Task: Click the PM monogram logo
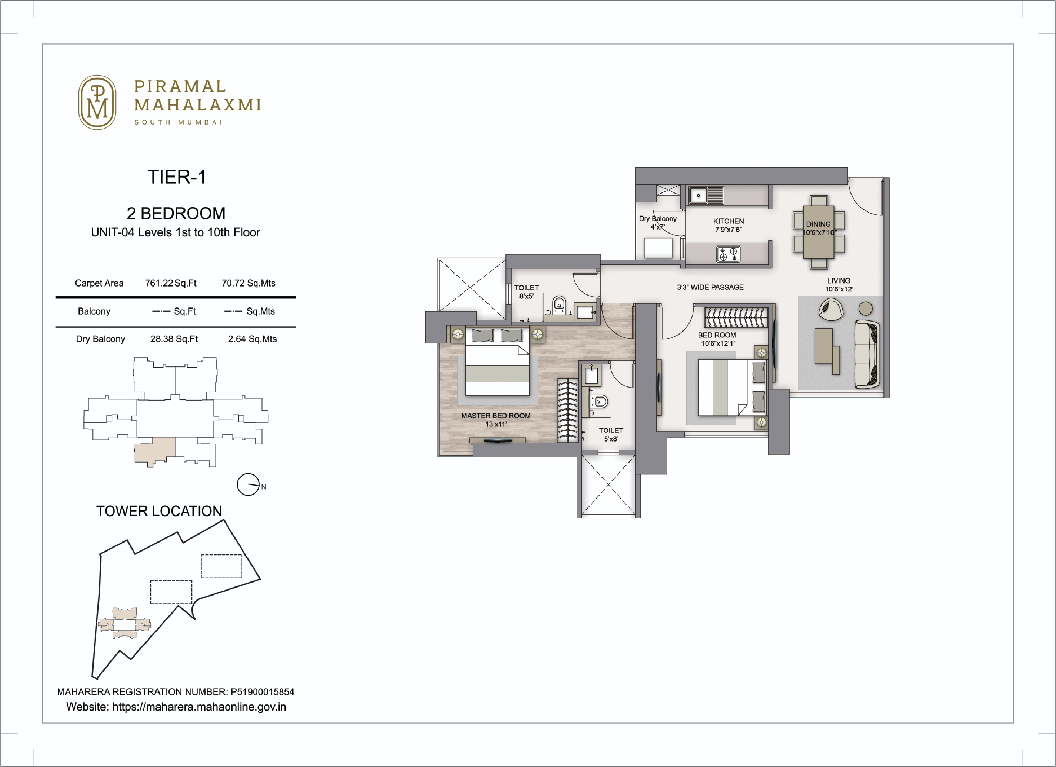pyautogui.click(x=97, y=102)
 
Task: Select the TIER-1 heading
pyautogui.click(x=177, y=177)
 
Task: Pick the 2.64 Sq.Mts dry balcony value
pyautogui.click(x=252, y=339)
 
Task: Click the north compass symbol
pyautogui.click(x=248, y=485)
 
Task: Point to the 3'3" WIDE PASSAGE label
pyautogui.click(x=710, y=287)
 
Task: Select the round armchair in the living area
pyautogui.click(x=831, y=309)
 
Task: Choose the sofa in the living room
pyautogui.click(x=867, y=354)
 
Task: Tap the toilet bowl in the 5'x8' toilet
pyautogui.click(x=600, y=401)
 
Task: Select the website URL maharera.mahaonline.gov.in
pyautogui.click(x=199, y=707)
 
